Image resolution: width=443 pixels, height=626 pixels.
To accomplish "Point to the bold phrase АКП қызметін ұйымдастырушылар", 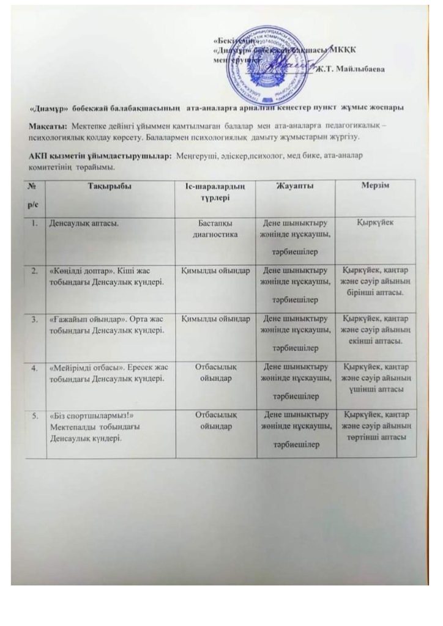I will click(101, 156).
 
